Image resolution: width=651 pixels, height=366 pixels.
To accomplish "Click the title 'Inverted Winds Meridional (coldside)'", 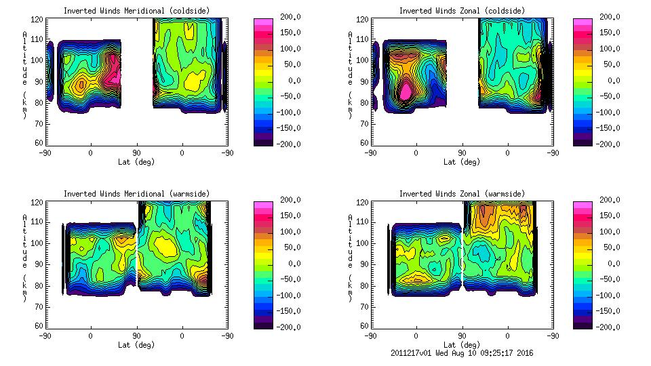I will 137,11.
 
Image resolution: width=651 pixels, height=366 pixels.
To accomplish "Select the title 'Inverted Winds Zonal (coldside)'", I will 462,11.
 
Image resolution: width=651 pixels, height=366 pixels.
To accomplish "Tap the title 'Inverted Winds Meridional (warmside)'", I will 137,194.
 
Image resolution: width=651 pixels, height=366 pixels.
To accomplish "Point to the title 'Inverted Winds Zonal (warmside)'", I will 462,194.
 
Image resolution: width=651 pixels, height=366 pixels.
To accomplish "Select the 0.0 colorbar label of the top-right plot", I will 609,80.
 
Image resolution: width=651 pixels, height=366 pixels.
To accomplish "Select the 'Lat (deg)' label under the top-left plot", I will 137,162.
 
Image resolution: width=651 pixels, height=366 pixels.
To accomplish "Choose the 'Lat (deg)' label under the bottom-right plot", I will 462,345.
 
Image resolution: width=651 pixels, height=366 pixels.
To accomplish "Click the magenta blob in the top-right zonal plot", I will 405,89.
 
